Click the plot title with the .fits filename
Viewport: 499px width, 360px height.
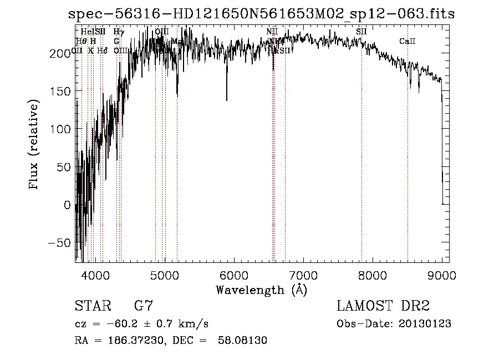[261, 14]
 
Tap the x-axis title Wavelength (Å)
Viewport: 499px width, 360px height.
[261, 290]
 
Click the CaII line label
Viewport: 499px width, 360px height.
[408, 42]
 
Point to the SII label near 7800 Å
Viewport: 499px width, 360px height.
[361, 32]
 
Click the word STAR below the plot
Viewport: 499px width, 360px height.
[92, 306]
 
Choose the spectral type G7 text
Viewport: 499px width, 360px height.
[143, 306]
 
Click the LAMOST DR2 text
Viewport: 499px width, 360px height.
[383, 306]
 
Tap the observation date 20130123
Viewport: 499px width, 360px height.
[424, 323]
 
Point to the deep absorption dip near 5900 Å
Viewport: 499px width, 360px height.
[226, 97]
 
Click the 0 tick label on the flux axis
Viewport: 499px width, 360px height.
[68, 205]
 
